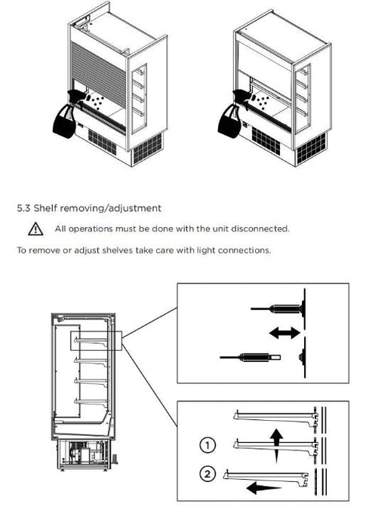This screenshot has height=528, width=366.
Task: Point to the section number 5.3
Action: [24, 207]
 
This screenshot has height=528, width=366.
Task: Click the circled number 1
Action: [208, 444]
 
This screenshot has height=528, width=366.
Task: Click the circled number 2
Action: [208, 474]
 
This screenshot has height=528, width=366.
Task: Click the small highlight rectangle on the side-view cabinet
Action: [96, 339]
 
